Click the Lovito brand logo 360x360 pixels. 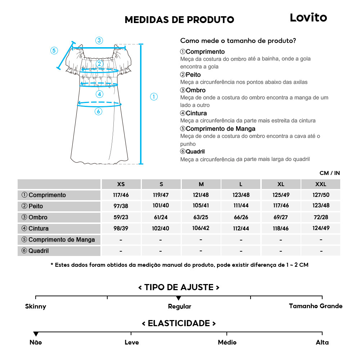[x=308, y=18]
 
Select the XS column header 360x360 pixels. [x=121, y=184]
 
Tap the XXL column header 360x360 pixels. [x=320, y=184]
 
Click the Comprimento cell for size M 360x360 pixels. [x=201, y=195]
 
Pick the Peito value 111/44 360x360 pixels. [x=241, y=206]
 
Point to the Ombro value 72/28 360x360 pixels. [x=320, y=217]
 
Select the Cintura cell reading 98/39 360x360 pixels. [x=121, y=229]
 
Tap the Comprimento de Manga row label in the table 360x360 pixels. [x=58, y=240]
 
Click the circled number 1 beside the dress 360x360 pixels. [x=154, y=96]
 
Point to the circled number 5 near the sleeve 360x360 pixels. [x=54, y=50]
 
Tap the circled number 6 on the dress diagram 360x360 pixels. [x=99, y=112]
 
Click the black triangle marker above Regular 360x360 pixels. [x=179, y=298]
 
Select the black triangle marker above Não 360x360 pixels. [x=36, y=334]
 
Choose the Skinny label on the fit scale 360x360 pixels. [x=36, y=307]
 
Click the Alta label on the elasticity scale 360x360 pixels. [x=322, y=342]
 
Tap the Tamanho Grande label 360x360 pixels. [x=316, y=306]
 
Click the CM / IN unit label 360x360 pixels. [x=329, y=173]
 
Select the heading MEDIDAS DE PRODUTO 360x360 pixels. [x=179, y=19]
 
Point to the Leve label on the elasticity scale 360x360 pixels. [x=131, y=342]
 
